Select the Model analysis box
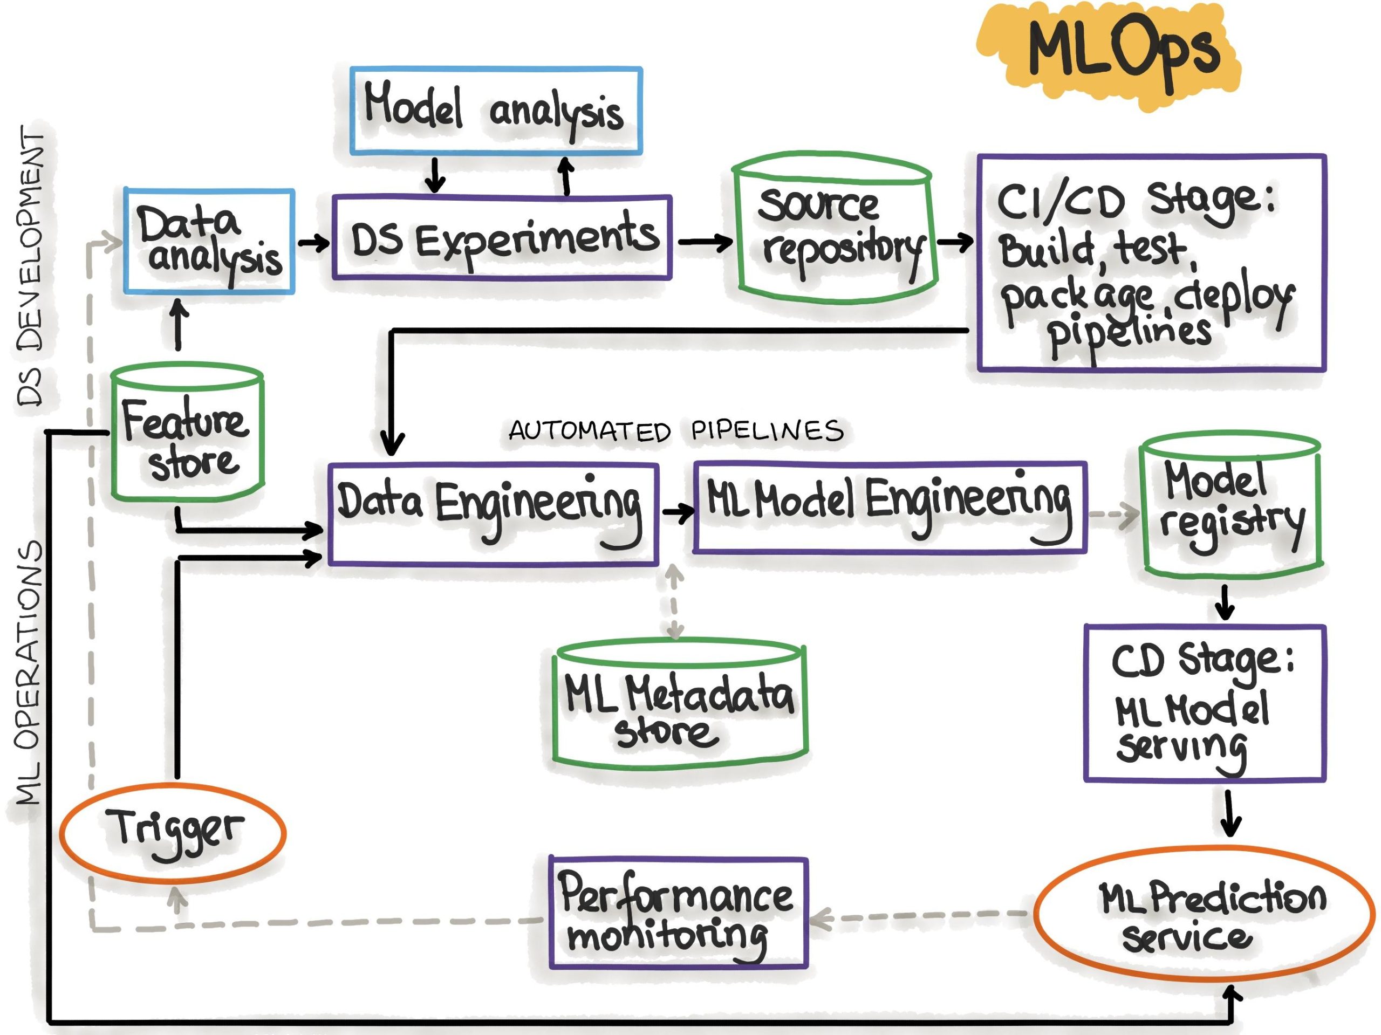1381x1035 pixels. pyautogui.click(x=496, y=111)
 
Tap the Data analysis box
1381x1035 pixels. pyautogui.click(x=209, y=242)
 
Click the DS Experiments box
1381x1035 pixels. pyautogui.click(x=503, y=238)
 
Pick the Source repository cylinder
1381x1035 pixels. pyautogui.click(x=837, y=234)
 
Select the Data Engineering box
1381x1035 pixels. pyautogui.click(x=493, y=515)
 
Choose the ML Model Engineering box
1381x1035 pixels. pyautogui.click(x=889, y=507)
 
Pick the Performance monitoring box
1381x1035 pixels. pyautogui.click(x=678, y=913)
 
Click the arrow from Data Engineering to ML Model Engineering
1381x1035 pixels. pyautogui.click(x=677, y=512)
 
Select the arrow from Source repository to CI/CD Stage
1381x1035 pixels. pyautogui.click(x=954, y=242)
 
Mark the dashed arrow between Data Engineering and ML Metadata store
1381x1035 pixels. pyautogui.click(x=674, y=602)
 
